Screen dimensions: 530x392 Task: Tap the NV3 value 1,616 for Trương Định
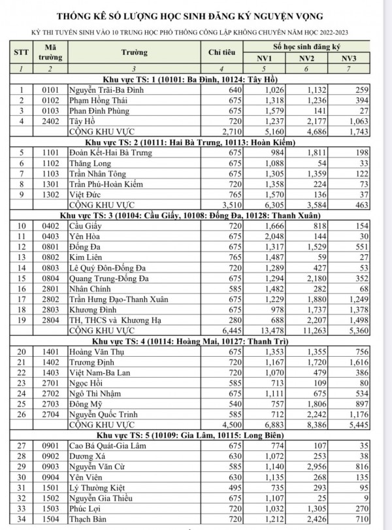[x=353, y=362]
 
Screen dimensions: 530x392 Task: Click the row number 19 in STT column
[x=24, y=321]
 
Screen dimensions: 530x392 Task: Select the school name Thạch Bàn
[x=89, y=520]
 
